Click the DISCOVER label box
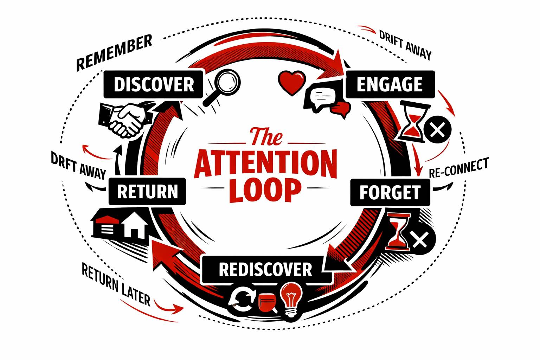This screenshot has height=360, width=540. point(154,84)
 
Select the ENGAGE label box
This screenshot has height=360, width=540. point(390,84)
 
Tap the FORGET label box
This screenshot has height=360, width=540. point(390,192)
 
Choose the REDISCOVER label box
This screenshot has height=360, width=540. point(265,270)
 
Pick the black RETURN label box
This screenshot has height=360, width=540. point(147,192)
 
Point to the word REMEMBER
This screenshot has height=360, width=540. point(114,52)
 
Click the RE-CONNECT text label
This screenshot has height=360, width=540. point(459,168)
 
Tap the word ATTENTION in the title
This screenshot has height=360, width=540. point(265,164)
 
